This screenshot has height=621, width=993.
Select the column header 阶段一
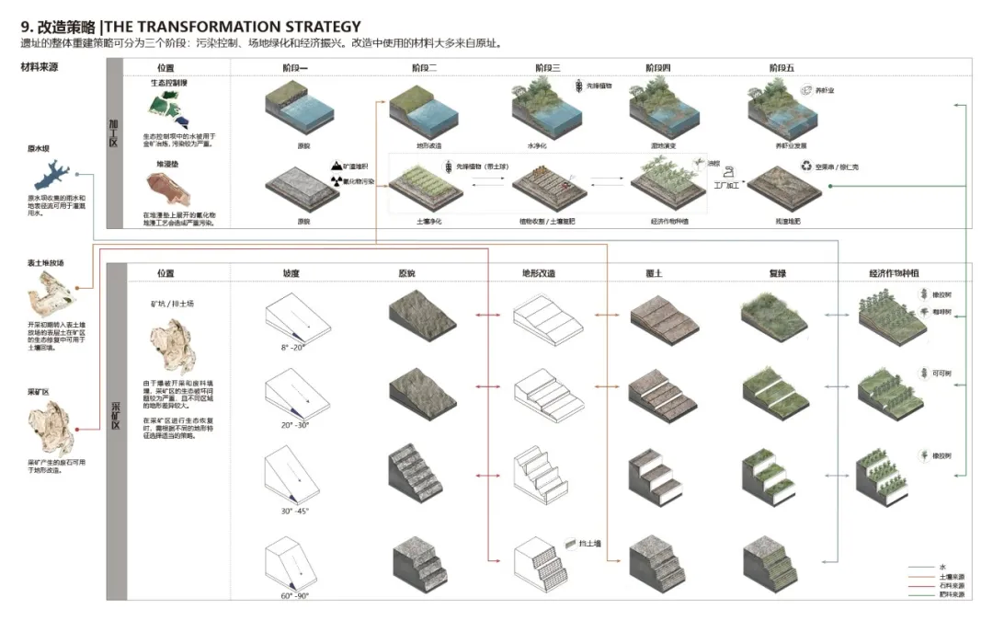[296, 68]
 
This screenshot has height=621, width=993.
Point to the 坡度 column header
[295, 273]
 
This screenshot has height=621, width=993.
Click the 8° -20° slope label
[295, 349]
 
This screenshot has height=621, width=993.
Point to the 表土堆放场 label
[46, 263]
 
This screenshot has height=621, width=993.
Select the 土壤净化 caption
[421, 222]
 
